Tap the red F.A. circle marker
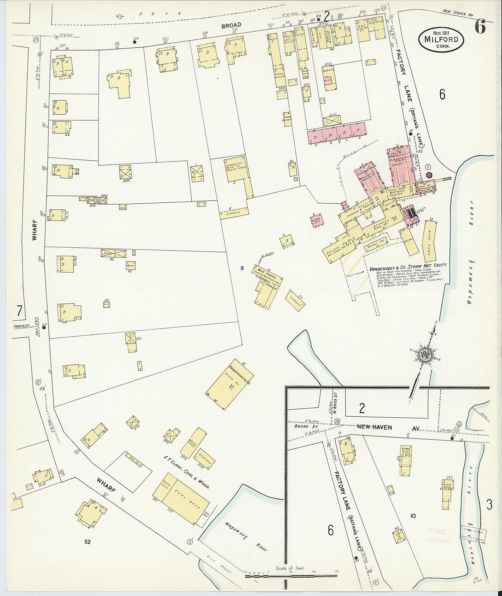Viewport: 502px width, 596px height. [430, 175]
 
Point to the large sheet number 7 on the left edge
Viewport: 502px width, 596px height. [19, 311]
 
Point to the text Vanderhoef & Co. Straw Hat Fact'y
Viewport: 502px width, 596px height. [408, 268]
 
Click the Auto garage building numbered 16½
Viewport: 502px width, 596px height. [130, 265]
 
